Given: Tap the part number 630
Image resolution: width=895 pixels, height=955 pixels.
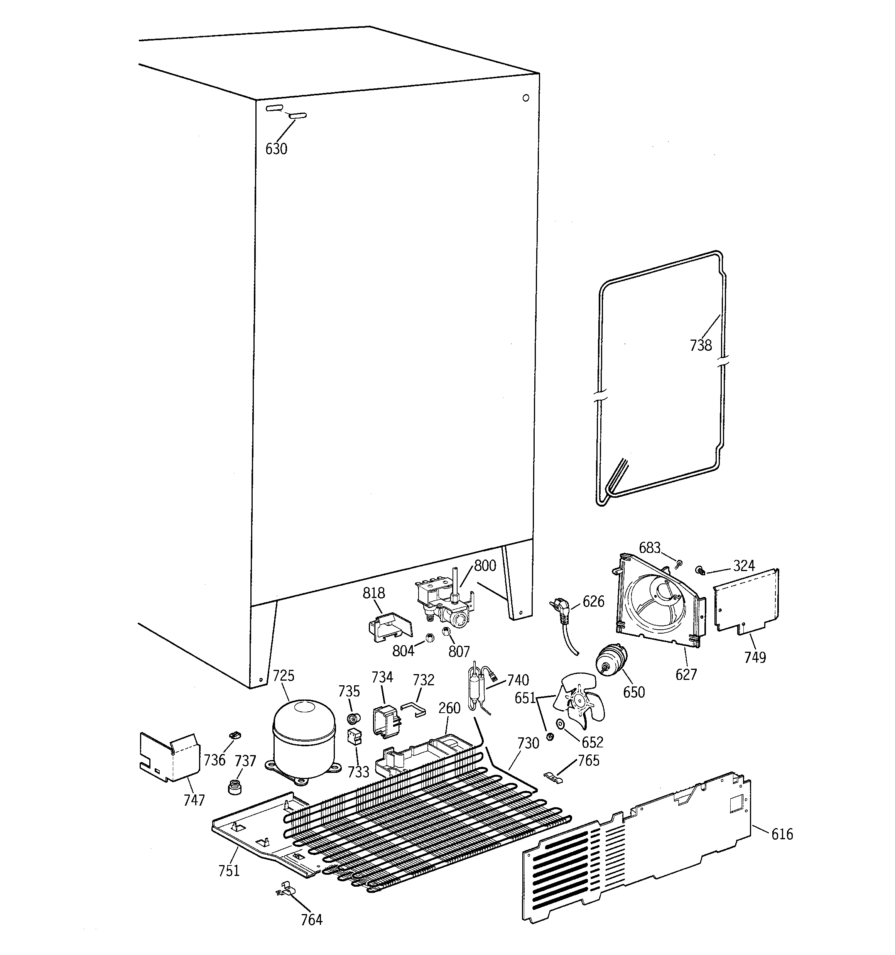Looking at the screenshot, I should (x=276, y=149).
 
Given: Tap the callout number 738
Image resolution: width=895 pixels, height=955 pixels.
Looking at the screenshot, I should (x=701, y=345).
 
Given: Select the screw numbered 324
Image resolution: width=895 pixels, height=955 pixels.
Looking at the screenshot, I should (x=699, y=570).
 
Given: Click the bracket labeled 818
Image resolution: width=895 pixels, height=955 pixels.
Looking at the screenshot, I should (x=390, y=627).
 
